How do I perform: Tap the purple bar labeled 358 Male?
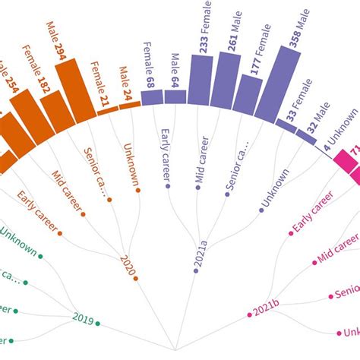pyautogui.click(x=277, y=87)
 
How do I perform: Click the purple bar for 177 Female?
pyautogui.click(x=248, y=95)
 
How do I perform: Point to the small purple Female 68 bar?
pyautogui.click(x=152, y=97)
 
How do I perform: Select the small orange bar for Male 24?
pyautogui.click(x=130, y=105)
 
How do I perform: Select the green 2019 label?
pyautogui.click(x=83, y=317)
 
